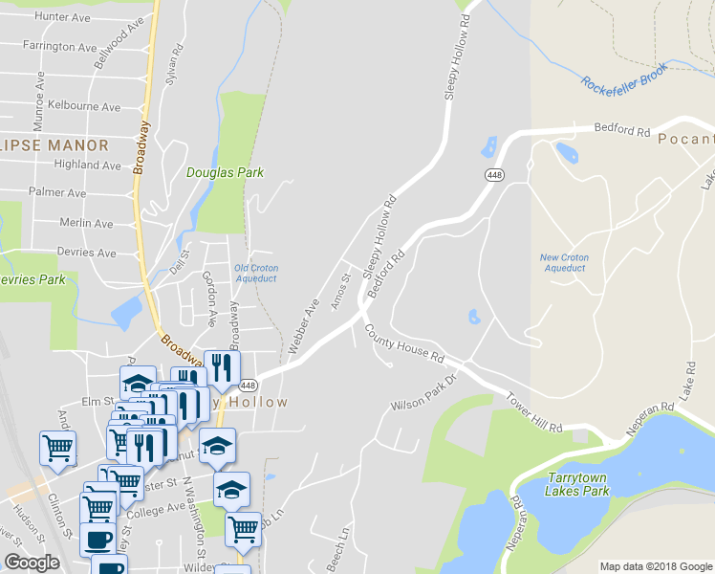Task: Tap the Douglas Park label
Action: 224,173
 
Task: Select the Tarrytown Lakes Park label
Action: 577,484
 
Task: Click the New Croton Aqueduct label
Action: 564,263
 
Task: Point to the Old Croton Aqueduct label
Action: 255,274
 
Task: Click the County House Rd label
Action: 404,343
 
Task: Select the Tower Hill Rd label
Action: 533,413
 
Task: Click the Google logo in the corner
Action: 32,563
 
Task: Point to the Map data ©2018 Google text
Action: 655,566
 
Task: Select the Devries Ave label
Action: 87,253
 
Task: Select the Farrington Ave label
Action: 61,46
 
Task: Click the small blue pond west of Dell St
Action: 126,312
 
